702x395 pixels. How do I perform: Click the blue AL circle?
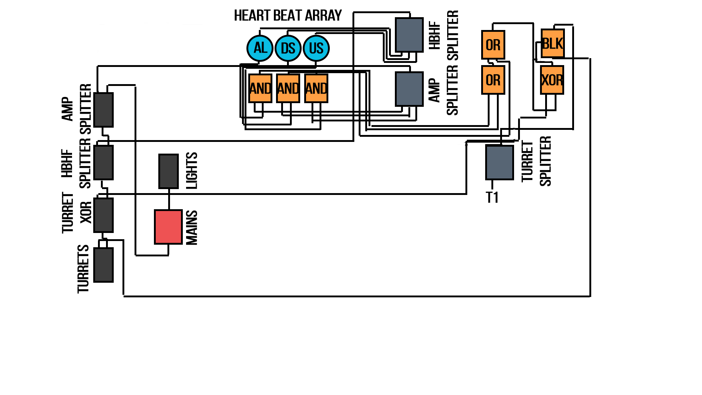pos(260,48)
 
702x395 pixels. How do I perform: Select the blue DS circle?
pos(288,48)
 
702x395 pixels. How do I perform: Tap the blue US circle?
pos(316,48)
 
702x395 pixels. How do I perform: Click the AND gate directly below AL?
pos(260,88)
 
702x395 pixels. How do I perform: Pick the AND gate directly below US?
pos(316,88)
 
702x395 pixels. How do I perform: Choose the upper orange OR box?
pos(493,45)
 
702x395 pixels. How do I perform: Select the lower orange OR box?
pos(493,80)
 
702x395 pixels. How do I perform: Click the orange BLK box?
pos(552,44)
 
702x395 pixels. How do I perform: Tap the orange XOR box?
pos(552,80)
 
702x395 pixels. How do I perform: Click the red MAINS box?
pos(168,227)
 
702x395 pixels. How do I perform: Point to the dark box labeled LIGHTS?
pos(169,171)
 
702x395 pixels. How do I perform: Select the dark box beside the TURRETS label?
pos(103,265)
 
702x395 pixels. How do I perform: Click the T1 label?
pos(492,197)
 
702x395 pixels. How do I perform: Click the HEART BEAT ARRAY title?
pos(288,16)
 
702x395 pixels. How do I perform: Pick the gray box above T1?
pos(499,162)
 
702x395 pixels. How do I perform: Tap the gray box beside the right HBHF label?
pos(409,35)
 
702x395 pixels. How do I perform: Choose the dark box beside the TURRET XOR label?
pos(103,215)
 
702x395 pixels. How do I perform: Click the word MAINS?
pos(192,227)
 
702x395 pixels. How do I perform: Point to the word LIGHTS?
pos(192,171)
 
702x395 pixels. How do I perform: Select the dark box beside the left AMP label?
pos(103,110)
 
